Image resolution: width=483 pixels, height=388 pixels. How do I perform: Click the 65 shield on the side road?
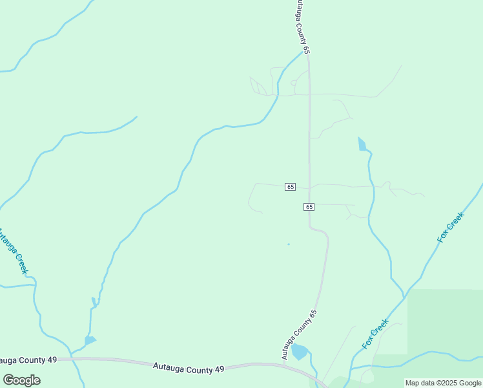pos(290,187)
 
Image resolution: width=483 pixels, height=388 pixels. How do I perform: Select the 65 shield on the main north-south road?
pos(309,207)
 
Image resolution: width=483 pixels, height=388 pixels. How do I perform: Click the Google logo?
pos(22,380)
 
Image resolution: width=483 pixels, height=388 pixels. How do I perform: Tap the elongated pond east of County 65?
pos(362,144)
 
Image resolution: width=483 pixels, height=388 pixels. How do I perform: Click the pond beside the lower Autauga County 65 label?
pos(299,352)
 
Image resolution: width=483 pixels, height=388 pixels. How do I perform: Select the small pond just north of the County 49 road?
pos(90,340)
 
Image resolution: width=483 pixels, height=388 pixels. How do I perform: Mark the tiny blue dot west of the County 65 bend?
pos(289,244)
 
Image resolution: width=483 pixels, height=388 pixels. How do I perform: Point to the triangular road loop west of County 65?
pos(258,87)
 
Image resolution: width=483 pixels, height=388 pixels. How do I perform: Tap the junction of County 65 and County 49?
pos(283,364)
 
